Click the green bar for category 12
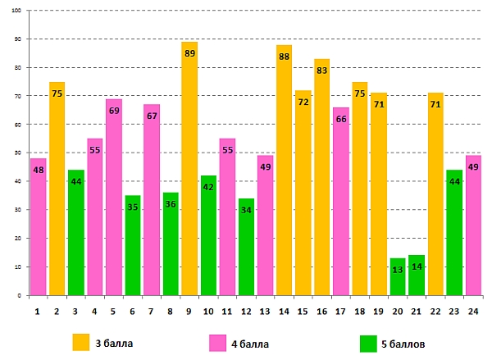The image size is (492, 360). point(246,246)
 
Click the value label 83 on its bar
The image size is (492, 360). point(322,71)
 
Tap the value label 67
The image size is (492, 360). point(152,116)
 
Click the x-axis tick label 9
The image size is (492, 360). point(189,311)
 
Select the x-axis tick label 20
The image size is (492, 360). point(398,311)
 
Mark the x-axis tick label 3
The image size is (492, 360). point(76,311)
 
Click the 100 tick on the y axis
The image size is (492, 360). point(19,11)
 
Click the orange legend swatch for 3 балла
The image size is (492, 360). point(80,341)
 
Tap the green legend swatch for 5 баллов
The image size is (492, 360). point(368,341)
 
